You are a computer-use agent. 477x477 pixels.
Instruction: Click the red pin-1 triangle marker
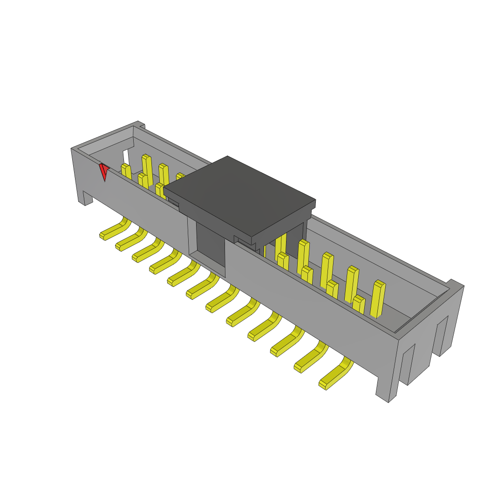click(103, 170)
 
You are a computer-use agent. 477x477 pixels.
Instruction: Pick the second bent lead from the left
click(130, 241)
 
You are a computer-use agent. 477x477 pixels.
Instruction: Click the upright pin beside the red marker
click(126, 172)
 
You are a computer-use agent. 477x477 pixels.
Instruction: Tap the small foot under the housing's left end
click(87, 198)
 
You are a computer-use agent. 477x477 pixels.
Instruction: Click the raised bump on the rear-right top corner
click(454, 283)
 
